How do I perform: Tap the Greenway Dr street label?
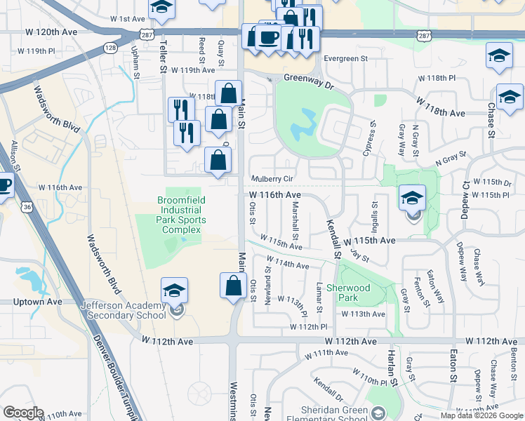coord(311,79)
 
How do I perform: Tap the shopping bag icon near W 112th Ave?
coord(233,286)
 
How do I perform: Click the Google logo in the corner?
coord(23,413)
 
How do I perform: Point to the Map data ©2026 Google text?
coord(481,415)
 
